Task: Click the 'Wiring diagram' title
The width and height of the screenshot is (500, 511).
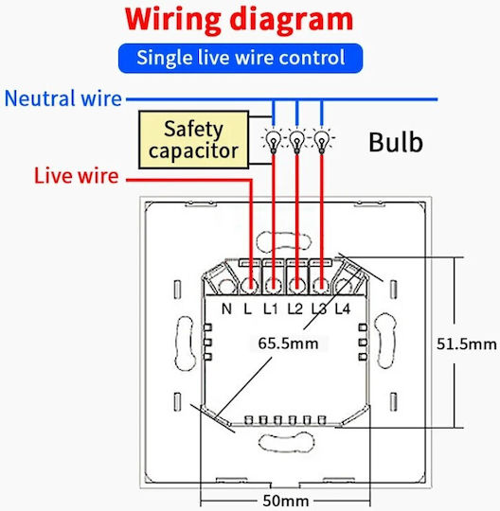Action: coord(239,20)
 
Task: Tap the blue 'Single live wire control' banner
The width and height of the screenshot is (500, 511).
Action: coord(241,58)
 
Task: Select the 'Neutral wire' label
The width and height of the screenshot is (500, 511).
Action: coord(62,98)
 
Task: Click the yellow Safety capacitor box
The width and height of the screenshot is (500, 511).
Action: coord(194,140)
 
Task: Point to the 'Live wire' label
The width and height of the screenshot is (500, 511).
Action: coord(77,176)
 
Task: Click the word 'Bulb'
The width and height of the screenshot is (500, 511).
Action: coord(396,142)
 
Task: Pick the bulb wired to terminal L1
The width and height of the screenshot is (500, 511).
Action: coord(274,141)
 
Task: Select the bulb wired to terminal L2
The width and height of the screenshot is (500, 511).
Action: coord(296,141)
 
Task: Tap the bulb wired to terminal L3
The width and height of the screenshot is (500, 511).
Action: coord(322,141)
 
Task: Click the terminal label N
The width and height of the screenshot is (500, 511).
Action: coord(226,308)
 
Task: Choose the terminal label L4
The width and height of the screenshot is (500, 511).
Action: coord(343,308)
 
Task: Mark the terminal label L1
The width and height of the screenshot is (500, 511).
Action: coord(271,308)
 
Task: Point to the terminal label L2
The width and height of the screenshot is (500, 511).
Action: coord(295,308)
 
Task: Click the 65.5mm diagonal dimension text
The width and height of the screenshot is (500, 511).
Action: coord(288,344)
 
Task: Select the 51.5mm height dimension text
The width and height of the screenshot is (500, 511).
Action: coord(467,344)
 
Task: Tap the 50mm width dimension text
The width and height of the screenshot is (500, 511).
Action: coord(286,501)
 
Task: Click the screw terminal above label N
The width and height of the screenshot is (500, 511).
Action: coord(226,287)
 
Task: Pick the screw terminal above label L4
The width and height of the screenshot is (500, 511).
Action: coord(343,287)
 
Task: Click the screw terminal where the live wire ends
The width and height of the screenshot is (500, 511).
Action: coord(251,286)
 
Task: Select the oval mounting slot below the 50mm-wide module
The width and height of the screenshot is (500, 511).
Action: coord(286,442)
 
